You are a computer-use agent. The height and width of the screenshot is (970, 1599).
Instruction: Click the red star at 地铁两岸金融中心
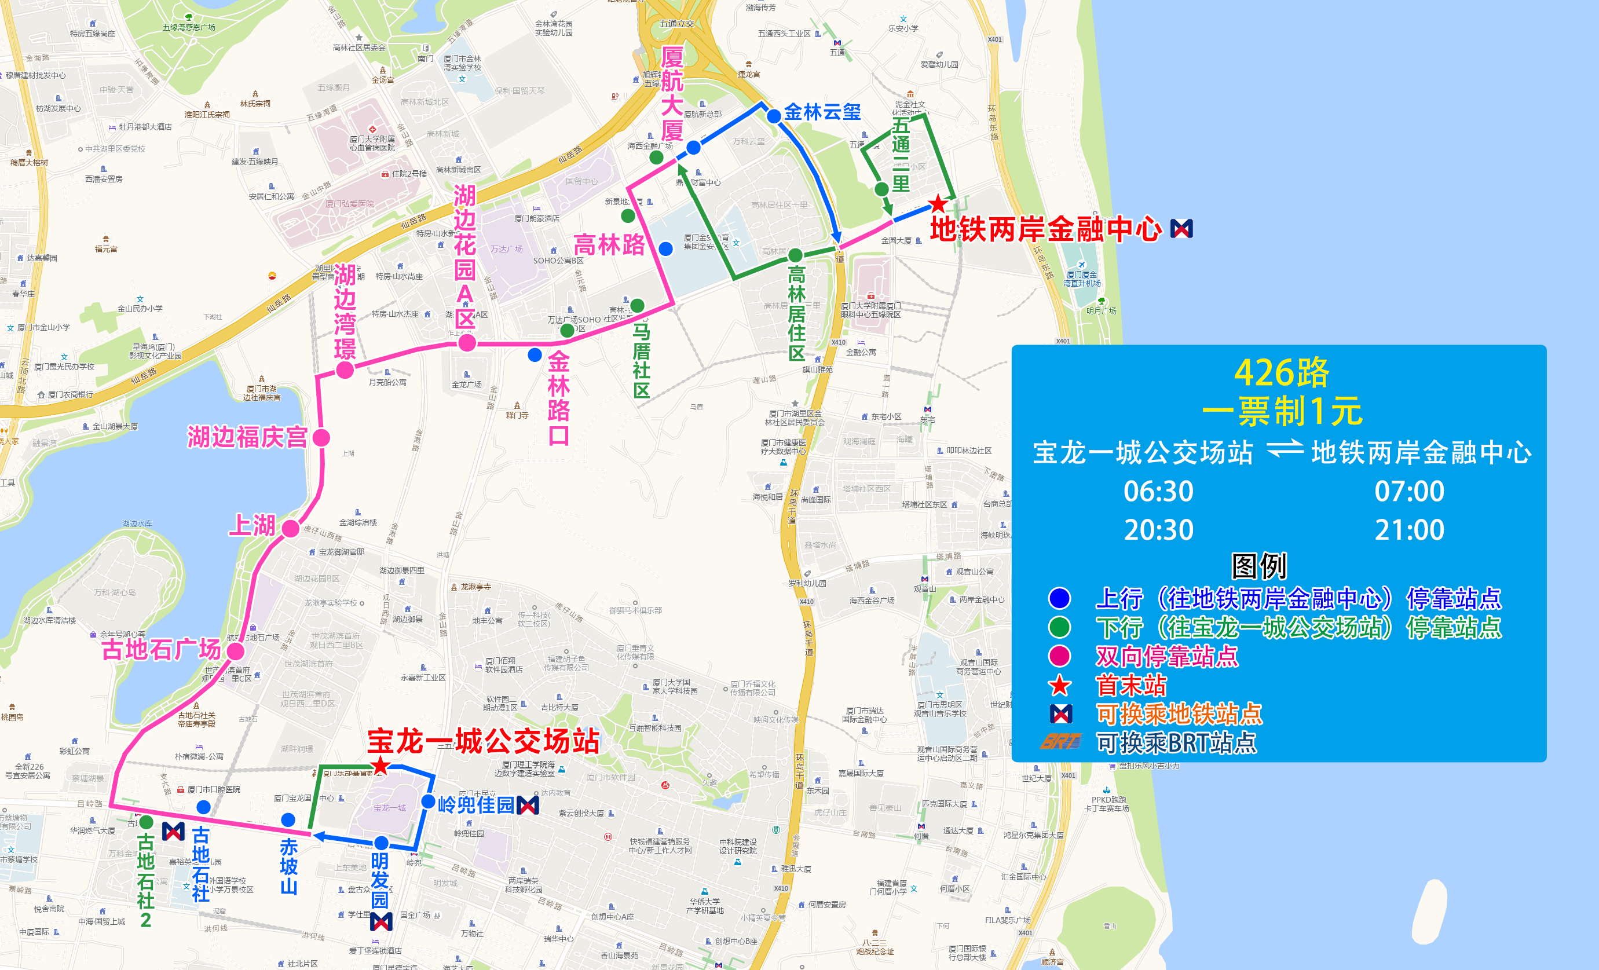click(x=938, y=204)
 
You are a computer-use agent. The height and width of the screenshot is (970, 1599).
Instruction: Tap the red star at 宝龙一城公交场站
click(x=380, y=766)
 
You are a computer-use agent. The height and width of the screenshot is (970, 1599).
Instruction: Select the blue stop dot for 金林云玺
click(x=774, y=117)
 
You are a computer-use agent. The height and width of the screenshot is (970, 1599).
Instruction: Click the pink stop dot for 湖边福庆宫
click(x=321, y=438)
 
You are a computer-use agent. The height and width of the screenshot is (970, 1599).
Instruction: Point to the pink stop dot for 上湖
click(x=291, y=529)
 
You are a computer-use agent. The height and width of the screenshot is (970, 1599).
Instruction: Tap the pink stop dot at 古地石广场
click(x=236, y=651)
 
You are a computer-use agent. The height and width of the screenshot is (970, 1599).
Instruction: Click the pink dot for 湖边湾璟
click(x=345, y=371)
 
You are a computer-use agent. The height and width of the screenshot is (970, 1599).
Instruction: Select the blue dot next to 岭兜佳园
click(x=429, y=802)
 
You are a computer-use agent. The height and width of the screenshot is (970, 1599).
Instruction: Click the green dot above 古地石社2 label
click(x=147, y=822)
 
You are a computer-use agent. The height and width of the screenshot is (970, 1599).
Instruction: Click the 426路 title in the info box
click(x=1282, y=372)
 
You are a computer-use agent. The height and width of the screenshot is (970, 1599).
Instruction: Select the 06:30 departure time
click(x=1158, y=492)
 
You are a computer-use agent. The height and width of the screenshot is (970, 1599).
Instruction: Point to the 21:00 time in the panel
click(x=1409, y=530)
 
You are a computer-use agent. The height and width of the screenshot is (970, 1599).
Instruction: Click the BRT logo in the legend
click(x=1060, y=742)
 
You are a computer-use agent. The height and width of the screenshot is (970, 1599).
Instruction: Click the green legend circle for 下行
click(x=1060, y=627)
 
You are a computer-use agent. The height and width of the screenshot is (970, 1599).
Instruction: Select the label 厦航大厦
click(x=672, y=94)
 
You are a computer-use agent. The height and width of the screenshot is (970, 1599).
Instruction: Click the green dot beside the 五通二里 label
click(x=881, y=189)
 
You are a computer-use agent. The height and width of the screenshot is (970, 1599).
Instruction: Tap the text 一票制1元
click(x=1282, y=411)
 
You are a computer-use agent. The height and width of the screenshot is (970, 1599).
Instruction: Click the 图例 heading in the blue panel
click(x=1259, y=566)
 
